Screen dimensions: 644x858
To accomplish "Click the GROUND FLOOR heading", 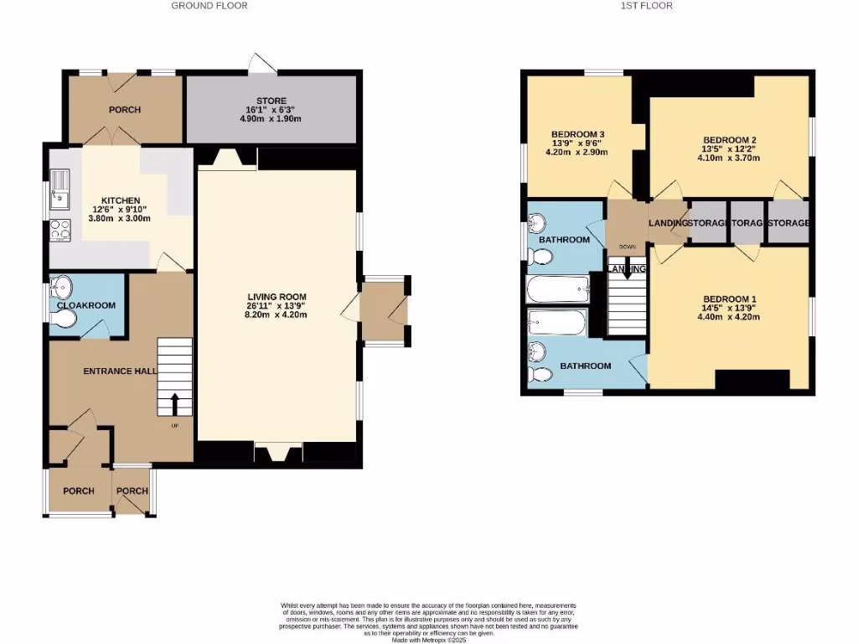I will coord(209,6).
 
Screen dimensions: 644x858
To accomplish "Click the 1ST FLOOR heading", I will coord(647,6).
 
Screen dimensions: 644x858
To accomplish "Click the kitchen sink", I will coord(61,188).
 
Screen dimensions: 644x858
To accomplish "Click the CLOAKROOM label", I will coord(86,306).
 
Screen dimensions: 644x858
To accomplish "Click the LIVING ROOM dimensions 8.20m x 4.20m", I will coord(277,315).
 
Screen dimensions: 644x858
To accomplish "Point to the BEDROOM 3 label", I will coord(577,134).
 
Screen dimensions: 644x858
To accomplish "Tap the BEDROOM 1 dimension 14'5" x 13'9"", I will coord(730,309).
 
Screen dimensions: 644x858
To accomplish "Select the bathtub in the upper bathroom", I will coord(559,291).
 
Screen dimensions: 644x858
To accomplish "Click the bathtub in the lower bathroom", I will coord(559,322).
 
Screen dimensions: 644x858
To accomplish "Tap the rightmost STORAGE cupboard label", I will coord(788,223).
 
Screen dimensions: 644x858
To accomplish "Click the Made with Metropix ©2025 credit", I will coord(429,640).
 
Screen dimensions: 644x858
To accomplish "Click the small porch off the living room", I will coord(383,309).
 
